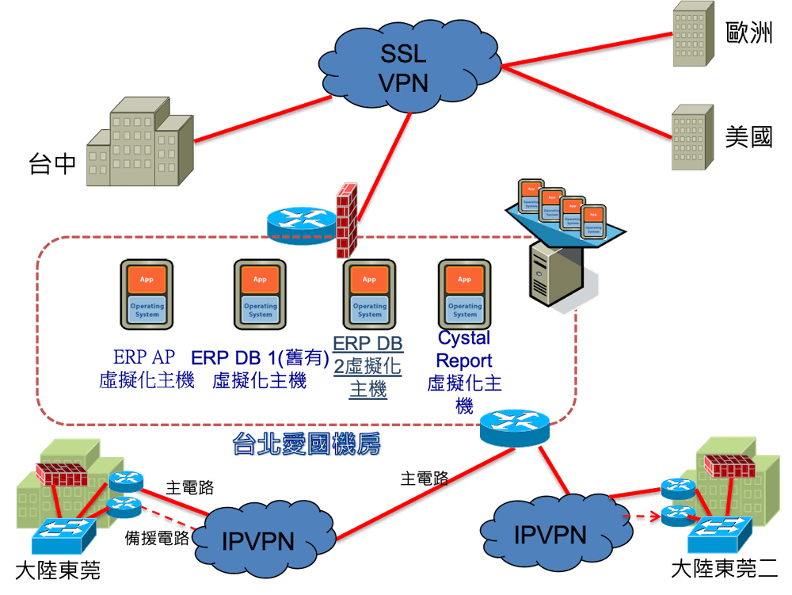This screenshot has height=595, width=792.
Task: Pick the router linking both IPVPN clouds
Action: click(x=514, y=425)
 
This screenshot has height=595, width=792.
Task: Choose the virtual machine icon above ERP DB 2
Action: click(x=369, y=292)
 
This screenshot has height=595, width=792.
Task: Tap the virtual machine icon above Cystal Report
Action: click(x=464, y=292)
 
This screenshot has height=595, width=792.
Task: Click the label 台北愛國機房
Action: click(x=307, y=444)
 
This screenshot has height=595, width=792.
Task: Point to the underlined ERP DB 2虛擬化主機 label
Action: click(x=368, y=366)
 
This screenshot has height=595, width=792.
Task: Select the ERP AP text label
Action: click(x=144, y=357)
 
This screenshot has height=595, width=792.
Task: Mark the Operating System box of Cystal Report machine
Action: click(x=464, y=310)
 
